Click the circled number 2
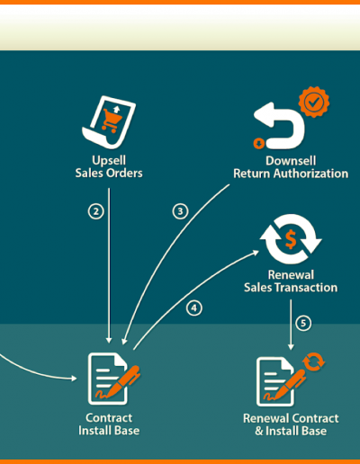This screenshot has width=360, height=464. click(x=96, y=211)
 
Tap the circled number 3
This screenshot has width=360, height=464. click(x=180, y=211)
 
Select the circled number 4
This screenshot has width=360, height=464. click(x=194, y=308)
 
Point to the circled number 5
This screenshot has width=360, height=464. click(x=303, y=323)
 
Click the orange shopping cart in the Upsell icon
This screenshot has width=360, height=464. click(x=112, y=120)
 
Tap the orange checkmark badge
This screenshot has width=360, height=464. click(x=314, y=102)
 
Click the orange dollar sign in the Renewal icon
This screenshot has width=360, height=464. click(x=291, y=239)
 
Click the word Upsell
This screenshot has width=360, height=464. click(x=109, y=160)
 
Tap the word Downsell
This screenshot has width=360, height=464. click(x=291, y=161)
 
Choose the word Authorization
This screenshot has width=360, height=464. click(x=310, y=174)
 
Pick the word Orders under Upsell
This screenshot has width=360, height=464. click(x=126, y=173)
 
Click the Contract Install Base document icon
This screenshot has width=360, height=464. click(x=108, y=379)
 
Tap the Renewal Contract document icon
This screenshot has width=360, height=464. click(x=275, y=381)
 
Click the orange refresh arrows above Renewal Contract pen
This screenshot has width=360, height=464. click(x=314, y=361)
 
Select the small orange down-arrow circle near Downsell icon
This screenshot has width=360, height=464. click(x=259, y=143)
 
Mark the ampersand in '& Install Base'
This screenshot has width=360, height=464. click(x=259, y=431)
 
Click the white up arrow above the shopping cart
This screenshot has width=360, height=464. click(x=116, y=110)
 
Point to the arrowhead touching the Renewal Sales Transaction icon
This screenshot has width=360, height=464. click(x=256, y=253)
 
